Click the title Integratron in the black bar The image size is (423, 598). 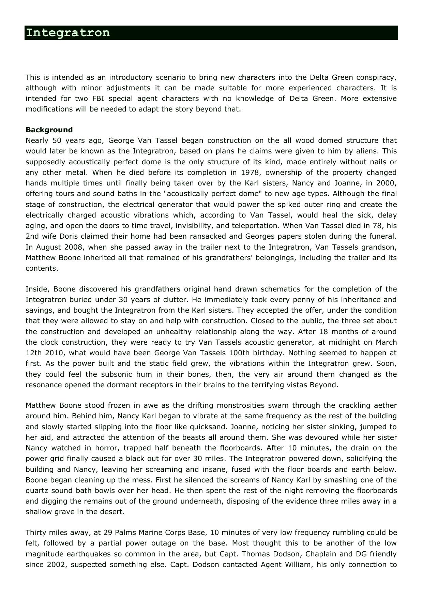coord(68,33)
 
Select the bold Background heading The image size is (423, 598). coord(49,130)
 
